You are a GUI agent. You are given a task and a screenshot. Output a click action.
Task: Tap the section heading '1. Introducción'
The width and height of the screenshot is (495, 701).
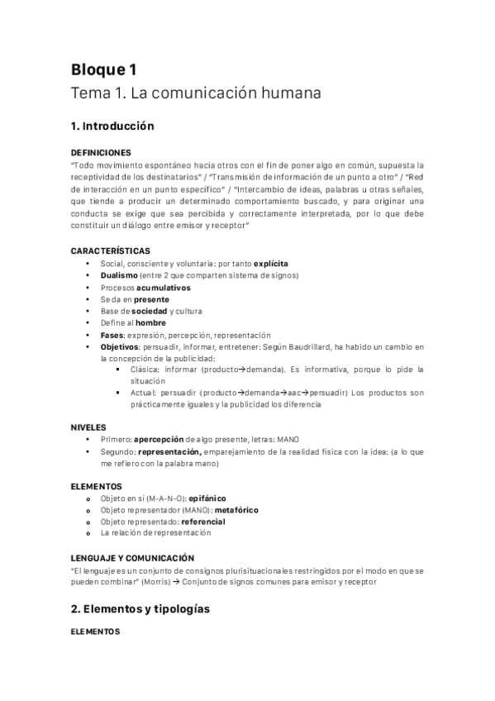tap(112, 127)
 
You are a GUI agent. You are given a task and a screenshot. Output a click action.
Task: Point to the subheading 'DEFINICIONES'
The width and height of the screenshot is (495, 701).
tap(101, 152)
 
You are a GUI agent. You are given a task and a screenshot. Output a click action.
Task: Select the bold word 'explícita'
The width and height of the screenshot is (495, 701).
tap(271, 263)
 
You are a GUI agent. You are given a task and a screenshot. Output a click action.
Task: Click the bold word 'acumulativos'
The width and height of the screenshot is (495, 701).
tap(164, 287)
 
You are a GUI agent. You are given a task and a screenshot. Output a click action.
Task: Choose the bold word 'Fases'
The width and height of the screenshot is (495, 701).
tap(112, 335)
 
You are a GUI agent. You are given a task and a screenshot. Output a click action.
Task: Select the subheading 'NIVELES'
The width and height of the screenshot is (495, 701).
tap(89, 427)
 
